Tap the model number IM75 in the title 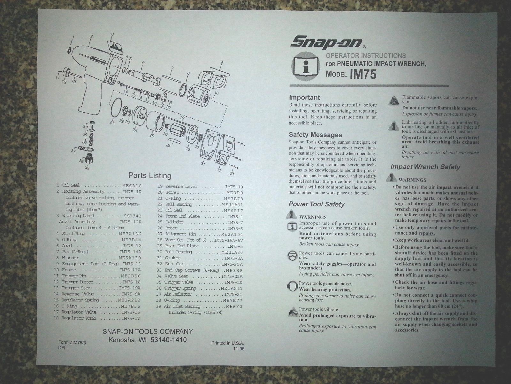[x=363, y=74]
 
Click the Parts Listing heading [x=149, y=175]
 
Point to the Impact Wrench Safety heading [x=425, y=167]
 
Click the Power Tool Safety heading [x=317, y=204]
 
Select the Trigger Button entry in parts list [x=78, y=282]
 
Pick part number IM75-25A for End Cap [x=232, y=264]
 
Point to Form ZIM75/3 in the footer [x=72, y=342]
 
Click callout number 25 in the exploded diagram [x=151, y=135]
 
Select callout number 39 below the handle [x=87, y=167]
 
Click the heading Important [x=304, y=98]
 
